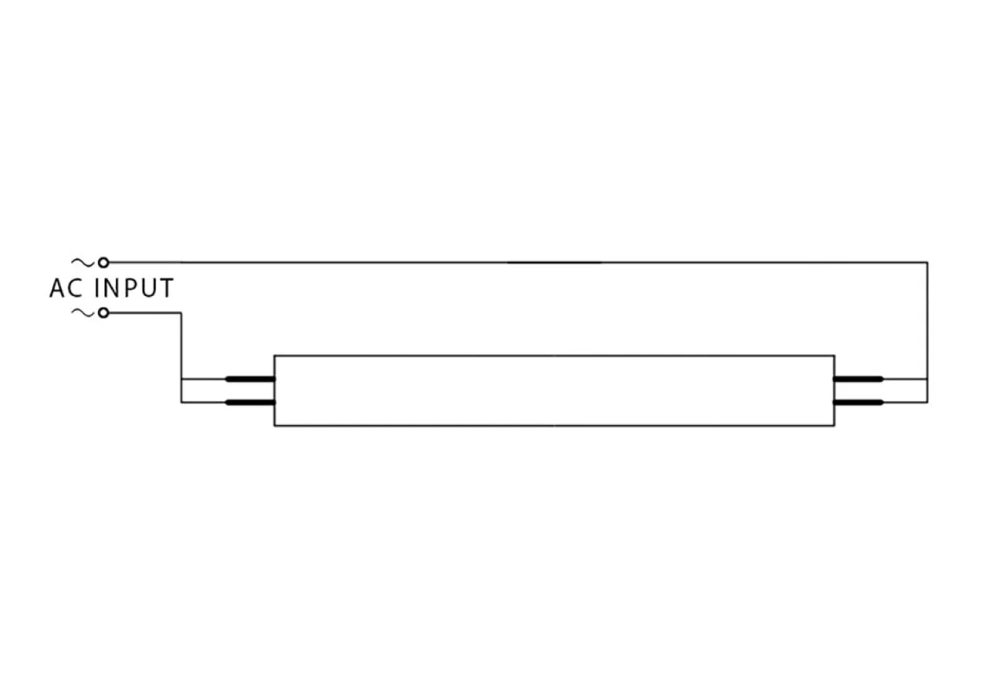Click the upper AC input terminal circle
point(103,263)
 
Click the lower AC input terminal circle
point(103,313)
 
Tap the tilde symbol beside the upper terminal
point(83,263)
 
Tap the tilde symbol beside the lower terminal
point(83,313)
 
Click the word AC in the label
point(66,288)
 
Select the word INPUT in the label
point(134,288)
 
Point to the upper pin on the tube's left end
point(250,379)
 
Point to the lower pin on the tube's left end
point(250,403)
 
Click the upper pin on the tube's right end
point(858,379)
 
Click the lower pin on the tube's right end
point(858,403)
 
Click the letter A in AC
point(57,288)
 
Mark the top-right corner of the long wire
point(928,263)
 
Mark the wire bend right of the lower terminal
point(181,313)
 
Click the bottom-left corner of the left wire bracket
point(181,403)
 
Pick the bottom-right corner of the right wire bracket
point(928,403)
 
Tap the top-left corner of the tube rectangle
point(274,355)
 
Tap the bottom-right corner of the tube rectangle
point(835,426)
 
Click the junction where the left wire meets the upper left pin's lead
point(181,379)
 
